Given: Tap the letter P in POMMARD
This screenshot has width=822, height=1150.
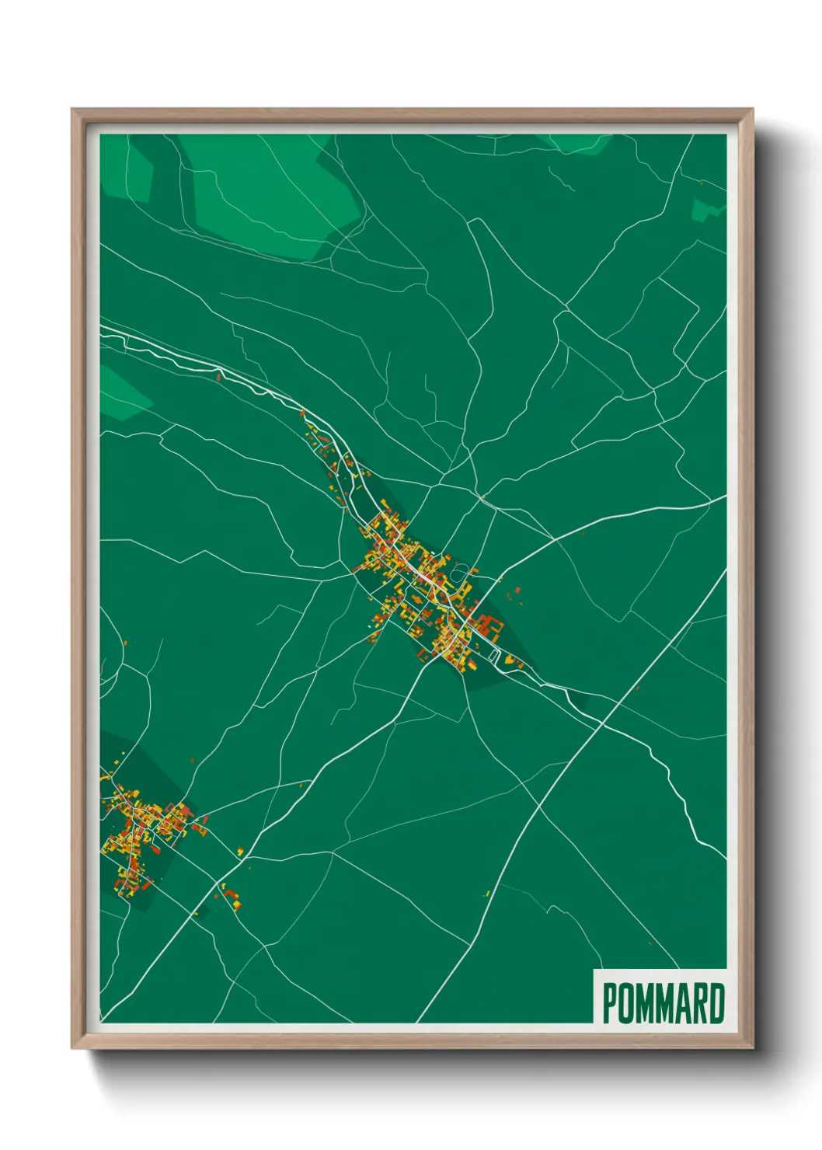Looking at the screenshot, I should pos(610,1003).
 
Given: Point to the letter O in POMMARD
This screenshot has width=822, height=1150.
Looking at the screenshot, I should pos(625,1003).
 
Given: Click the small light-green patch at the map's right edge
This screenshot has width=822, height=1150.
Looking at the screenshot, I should pos(706,208).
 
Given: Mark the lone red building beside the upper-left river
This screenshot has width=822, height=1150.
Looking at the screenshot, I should pos(219,378).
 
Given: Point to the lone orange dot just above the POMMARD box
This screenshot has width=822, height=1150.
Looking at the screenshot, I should pos(650,943).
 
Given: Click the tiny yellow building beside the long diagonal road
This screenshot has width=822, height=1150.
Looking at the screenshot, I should pos(487,894).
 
